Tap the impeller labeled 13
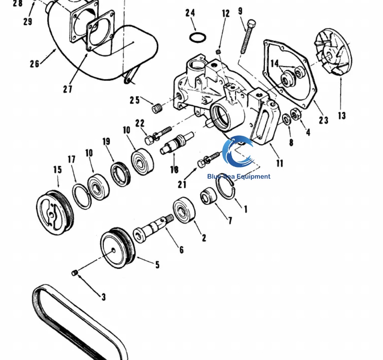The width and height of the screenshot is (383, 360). [x=333, y=53]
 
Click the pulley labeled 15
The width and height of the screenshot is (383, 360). [x=55, y=213]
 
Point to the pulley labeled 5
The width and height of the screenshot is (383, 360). [x=118, y=248]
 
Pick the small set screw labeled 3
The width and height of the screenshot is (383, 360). [x=75, y=273]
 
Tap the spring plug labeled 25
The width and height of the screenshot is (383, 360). [x=156, y=108]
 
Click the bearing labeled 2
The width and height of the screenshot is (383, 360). [x=184, y=210]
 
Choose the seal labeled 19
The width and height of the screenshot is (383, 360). [x=121, y=173]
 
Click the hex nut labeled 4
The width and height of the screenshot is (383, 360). [x=296, y=114]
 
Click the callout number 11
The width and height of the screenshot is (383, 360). [x=279, y=163]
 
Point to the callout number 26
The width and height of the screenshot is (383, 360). [x=34, y=64]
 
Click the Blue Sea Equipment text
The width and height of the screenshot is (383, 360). [x=239, y=176]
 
